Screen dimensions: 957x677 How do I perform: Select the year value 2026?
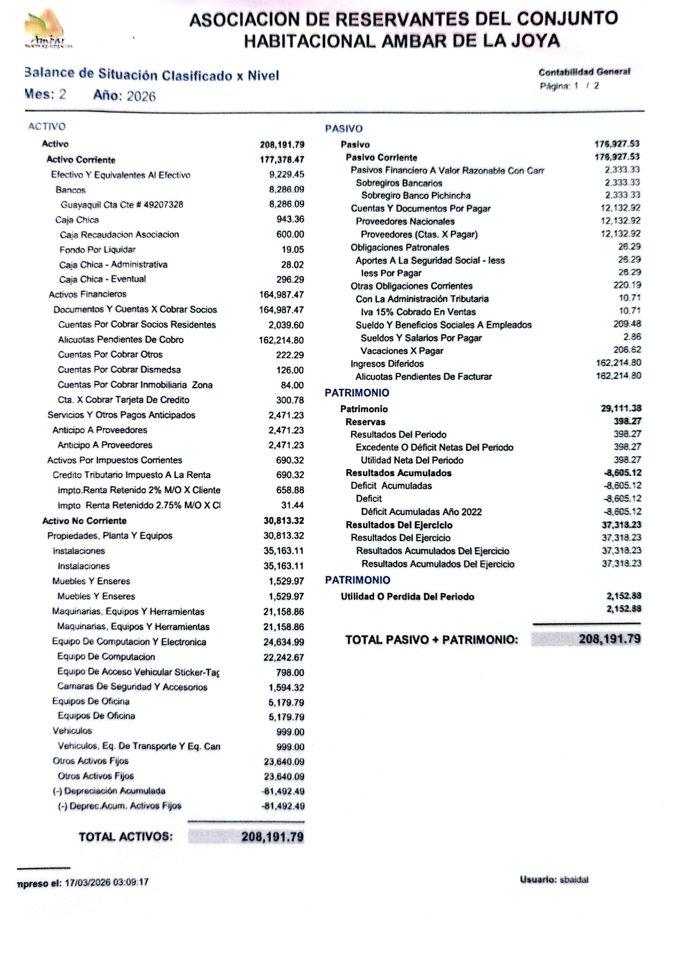coord(141,97)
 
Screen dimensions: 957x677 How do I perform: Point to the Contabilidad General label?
coord(584,72)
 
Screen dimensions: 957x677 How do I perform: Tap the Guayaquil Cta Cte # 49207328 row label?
coord(122,205)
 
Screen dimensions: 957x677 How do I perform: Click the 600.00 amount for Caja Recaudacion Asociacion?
coord(290,235)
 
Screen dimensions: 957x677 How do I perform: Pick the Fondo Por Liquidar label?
coord(98,250)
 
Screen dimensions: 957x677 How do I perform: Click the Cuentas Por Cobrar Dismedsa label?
coord(119,369)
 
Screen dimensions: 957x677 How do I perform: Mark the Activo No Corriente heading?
coord(85,521)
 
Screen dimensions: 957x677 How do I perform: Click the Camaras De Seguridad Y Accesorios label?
coord(132,687)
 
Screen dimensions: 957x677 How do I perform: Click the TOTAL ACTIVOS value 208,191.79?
coord(272,837)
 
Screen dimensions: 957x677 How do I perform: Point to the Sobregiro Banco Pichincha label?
coord(415,195)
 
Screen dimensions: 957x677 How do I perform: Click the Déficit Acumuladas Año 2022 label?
coord(421,512)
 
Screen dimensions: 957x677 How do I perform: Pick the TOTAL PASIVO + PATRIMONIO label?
coord(431,640)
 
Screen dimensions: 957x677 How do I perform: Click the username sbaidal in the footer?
coord(574,880)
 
